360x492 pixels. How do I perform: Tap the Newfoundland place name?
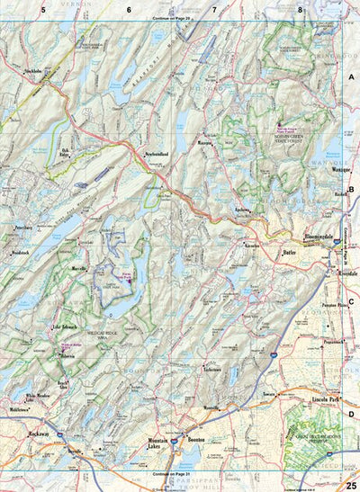(x=159, y=154)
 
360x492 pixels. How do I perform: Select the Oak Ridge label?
(x=65, y=153)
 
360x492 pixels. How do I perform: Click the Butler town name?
(x=290, y=253)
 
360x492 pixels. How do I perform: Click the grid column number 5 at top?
(x=42, y=10)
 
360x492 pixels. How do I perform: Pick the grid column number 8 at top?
(x=301, y=10)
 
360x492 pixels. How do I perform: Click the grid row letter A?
(x=351, y=78)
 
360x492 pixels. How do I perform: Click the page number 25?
(x=349, y=485)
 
